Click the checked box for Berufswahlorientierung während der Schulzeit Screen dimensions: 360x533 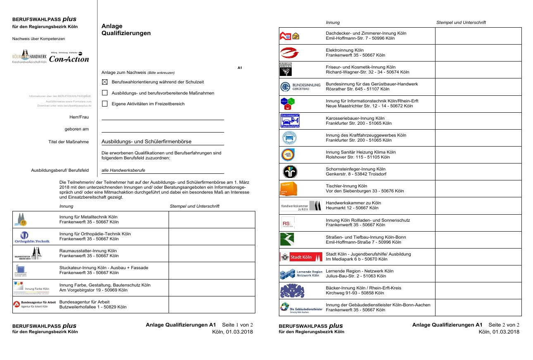point(105,82)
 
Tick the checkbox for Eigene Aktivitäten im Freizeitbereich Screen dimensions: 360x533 point(105,104)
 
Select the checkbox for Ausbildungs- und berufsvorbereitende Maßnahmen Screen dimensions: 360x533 point(105,93)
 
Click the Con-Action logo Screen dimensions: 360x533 point(69,58)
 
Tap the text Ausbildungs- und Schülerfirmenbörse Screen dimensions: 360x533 point(146,142)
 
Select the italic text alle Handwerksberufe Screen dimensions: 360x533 point(123,170)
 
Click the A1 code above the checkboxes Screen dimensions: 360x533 point(240,67)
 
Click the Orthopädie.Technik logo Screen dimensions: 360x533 point(32,237)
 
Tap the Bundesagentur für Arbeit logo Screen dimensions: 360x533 point(32,304)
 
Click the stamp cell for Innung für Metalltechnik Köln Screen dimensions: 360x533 point(212,220)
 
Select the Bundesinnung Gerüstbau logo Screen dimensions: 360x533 point(300,87)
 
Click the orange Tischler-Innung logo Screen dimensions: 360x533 point(288,189)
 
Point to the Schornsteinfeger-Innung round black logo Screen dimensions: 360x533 point(288,172)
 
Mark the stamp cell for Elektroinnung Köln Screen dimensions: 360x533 point(478,53)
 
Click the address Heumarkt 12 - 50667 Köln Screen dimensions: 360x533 point(352,208)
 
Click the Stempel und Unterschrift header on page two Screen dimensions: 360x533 point(461,22)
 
